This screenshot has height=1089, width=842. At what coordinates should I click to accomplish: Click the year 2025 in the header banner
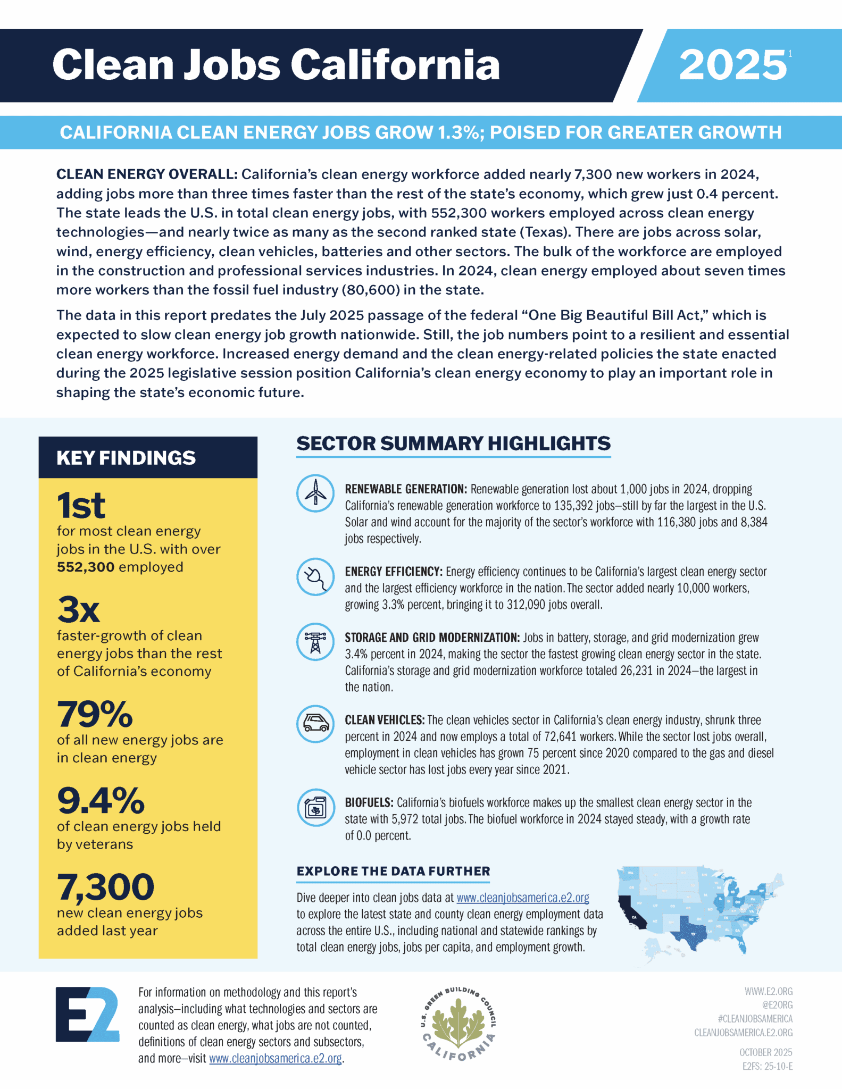(732, 65)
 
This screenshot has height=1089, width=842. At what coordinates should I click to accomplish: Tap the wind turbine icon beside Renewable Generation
(315, 493)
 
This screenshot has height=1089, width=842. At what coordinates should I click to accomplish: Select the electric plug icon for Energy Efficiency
(315, 576)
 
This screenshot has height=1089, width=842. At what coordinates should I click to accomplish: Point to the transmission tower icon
(315, 642)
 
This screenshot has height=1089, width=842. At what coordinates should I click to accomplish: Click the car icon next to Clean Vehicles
(315, 724)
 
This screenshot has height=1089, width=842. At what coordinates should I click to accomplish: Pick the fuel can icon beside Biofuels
(315, 808)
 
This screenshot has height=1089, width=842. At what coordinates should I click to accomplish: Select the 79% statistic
(95, 714)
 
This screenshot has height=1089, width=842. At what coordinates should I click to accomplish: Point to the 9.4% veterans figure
(101, 801)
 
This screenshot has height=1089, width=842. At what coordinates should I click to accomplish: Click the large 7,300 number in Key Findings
(105, 887)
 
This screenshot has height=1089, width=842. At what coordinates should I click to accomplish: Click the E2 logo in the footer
(87, 1014)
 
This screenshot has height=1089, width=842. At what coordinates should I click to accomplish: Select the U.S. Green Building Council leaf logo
(458, 1023)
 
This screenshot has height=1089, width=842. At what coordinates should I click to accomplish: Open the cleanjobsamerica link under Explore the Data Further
(522, 898)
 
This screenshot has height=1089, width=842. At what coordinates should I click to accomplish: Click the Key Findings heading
(126, 458)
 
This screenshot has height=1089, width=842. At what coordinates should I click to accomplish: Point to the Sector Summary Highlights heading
(453, 443)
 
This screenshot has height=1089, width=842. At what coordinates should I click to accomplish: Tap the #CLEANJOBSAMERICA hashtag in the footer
(754, 1018)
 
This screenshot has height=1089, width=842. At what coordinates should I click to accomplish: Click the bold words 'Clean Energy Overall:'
(147, 174)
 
